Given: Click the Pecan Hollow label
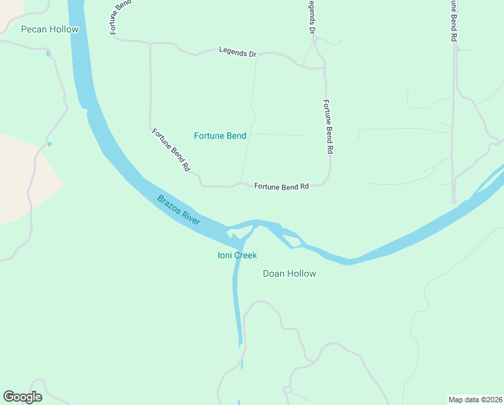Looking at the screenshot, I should [50, 29].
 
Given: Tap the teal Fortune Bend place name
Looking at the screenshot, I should [220, 136].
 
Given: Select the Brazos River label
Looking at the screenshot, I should [180, 210].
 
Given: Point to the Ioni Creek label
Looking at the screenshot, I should [237, 255].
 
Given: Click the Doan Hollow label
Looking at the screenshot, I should [289, 273].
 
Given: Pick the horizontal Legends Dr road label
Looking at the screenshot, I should [238, 51].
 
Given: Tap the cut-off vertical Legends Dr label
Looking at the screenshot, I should [312, 17].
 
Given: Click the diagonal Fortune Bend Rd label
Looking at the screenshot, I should [170, 149].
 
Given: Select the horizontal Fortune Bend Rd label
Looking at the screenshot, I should [281, 186].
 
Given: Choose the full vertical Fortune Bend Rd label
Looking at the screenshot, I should [328, 128].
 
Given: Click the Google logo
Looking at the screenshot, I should [22, 397].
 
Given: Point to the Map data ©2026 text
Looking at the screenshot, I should [475, 399].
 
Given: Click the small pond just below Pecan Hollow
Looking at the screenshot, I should [48, 53].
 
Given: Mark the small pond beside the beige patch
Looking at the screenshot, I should [49, 143].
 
